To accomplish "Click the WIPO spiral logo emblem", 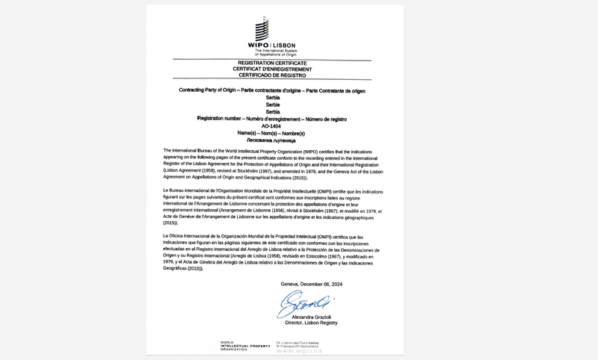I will click(262, 30).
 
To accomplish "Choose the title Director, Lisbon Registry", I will click(311, 323).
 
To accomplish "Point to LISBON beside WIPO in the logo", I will click(286, 45).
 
